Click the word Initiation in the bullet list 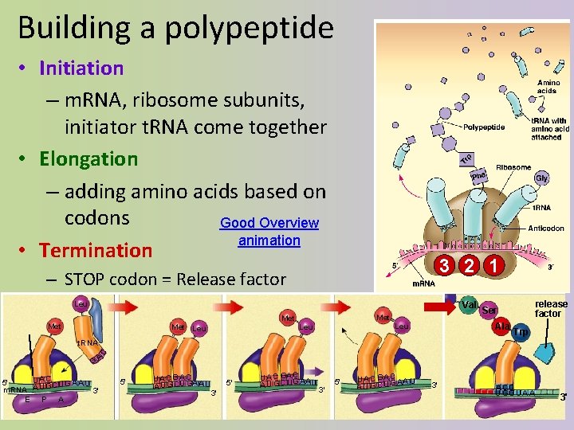81,68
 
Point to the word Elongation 88,158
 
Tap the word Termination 96,250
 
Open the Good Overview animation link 269,232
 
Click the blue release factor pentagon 547,351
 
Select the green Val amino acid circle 470,304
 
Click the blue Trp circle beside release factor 521,331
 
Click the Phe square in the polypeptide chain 478,175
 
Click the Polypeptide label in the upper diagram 484,127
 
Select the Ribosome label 513,167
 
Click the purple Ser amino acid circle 489,311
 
